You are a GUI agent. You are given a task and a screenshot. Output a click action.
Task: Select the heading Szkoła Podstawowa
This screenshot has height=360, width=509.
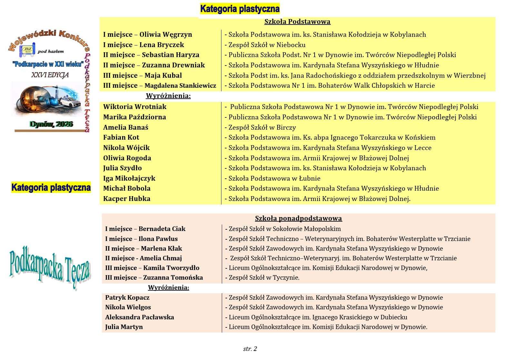[297, 22]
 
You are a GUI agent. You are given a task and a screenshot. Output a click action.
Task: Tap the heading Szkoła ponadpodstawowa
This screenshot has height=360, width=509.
[298, 218]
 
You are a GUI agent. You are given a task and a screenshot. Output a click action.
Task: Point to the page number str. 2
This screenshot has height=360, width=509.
[250, 349]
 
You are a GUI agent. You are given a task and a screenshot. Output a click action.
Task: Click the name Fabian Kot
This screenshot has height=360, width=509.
[121, 137]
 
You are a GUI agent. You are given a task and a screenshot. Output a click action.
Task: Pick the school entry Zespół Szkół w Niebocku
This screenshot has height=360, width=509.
[267, 45]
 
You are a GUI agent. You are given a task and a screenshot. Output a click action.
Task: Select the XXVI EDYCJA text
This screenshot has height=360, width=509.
[50, 75]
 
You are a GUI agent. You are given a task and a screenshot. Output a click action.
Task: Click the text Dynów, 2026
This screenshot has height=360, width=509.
[51, 124]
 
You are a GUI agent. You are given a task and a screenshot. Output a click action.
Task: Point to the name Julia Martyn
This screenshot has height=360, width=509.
[124, 327]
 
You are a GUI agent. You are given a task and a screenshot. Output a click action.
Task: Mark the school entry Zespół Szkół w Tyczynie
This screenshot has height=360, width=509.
[264, 277]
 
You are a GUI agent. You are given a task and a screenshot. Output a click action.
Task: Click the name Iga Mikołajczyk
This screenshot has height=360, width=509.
[129, 178]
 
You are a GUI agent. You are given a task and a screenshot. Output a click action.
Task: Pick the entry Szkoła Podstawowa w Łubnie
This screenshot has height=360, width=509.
[274, 178]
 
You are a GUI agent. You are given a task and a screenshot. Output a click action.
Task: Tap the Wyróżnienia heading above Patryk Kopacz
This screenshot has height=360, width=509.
[168, 287]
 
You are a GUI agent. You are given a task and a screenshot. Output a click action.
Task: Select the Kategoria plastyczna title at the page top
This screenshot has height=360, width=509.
[240, 9]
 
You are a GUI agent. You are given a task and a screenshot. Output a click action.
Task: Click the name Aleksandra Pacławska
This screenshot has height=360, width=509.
[139, 317]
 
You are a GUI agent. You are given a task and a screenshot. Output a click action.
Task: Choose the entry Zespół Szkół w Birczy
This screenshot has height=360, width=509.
[262, 127]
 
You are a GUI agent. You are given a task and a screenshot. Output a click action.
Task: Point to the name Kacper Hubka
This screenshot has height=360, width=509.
[127, 199]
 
